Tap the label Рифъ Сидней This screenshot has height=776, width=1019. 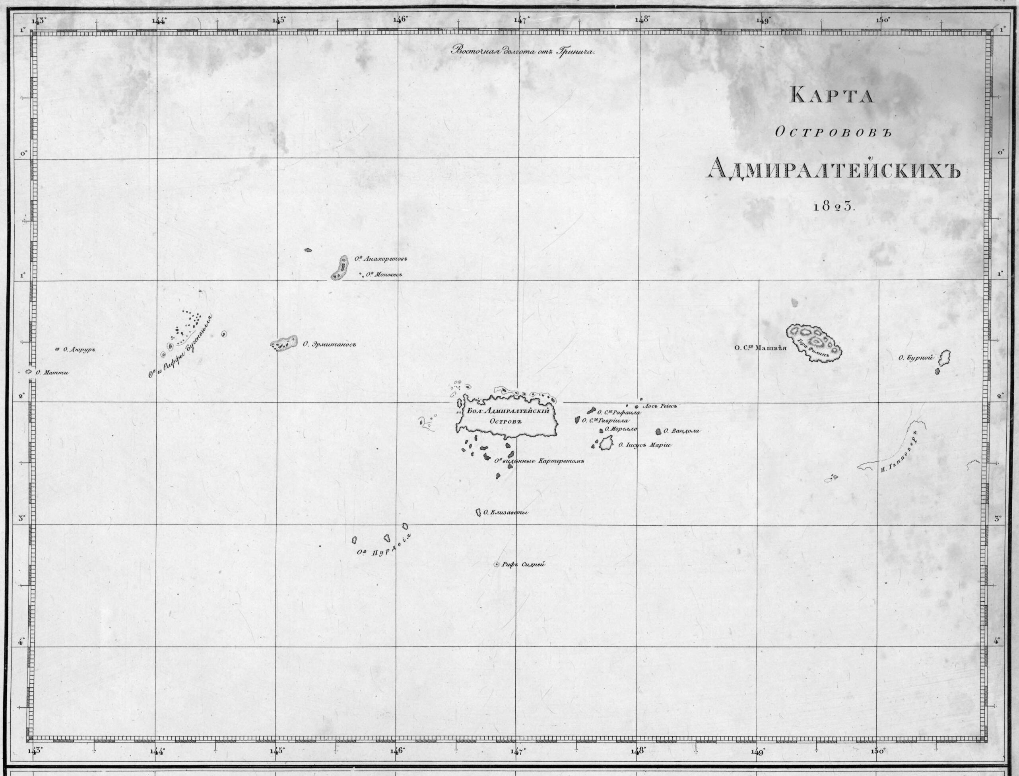click(x=523, y=564)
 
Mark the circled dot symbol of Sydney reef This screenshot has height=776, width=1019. click(x=497, y=564)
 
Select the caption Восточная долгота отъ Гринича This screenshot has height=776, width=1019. click(x=523, y=51)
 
